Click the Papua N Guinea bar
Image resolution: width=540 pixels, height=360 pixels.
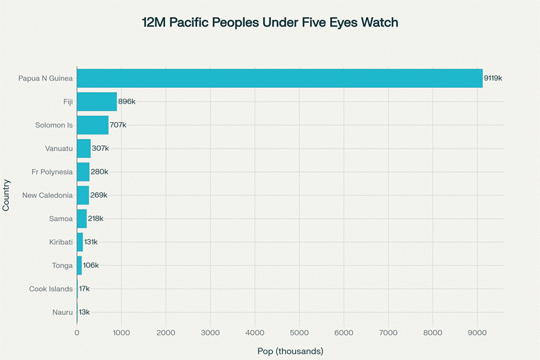[280, 78]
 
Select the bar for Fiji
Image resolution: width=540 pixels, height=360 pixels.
[97, 102]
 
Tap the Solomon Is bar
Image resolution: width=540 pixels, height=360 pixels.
[93, 125]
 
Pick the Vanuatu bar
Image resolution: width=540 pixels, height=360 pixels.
[84, 149]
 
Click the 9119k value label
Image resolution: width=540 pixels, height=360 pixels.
[493, 78]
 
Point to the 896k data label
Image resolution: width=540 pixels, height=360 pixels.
[127, 102]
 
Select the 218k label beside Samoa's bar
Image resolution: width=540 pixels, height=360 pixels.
[95, 219]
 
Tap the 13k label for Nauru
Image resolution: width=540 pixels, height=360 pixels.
[85, 312]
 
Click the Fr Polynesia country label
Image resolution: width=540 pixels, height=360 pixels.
[52, 172]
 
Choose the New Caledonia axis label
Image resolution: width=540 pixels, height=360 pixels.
[47, 196]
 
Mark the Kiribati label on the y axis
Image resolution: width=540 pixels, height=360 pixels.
[57, 242]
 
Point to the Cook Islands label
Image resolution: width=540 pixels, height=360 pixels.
[50, 289]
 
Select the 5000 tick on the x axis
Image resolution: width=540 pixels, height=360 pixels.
[299, 332]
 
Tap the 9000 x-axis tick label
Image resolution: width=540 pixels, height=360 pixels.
[477, 332]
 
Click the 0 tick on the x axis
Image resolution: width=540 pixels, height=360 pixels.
[77, 332]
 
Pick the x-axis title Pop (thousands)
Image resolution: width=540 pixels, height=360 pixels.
[290, 350]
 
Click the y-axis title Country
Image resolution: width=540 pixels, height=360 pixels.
[7, 195]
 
